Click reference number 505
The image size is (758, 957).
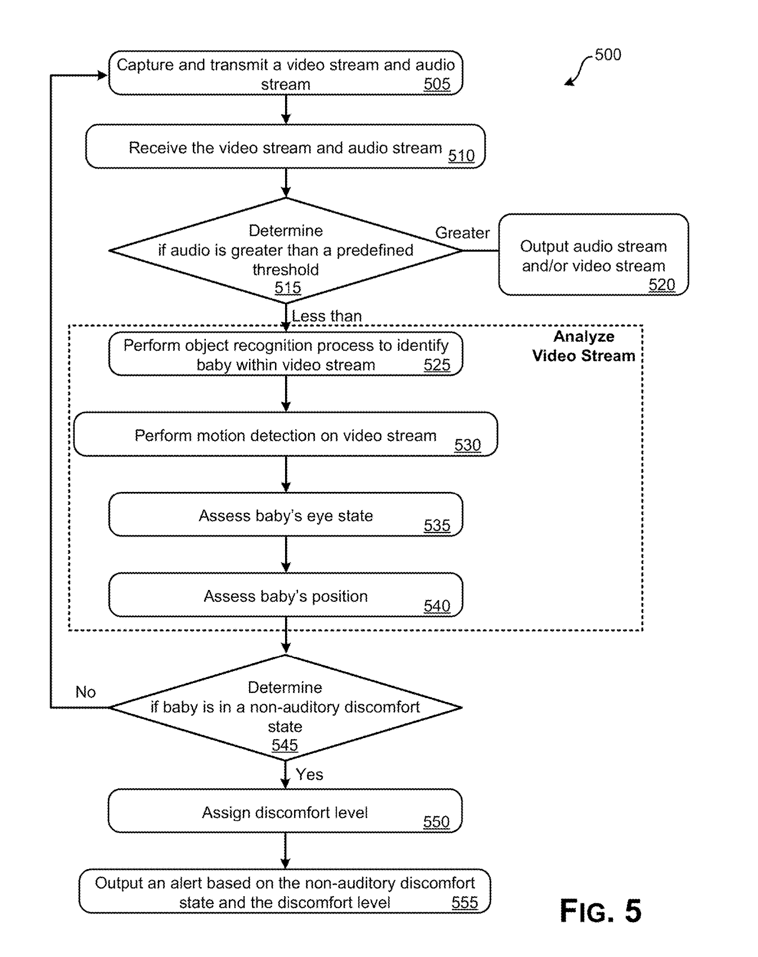click(x=437, y=84)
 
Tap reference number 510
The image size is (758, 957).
click(x=461, y=156)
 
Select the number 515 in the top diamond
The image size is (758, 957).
click(x=287, y=288)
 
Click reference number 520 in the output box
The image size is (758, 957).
click(x=661, y=285)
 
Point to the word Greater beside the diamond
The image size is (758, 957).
click(x=462, y=233)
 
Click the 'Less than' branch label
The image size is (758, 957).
click(x=326, y=316)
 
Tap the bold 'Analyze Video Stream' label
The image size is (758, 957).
click(x=584, y=346)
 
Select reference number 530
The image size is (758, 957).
click(x=467, y=445)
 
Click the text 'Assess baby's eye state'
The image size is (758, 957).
click(x=286, y=516)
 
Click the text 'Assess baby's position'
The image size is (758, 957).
click(x=286, y=596)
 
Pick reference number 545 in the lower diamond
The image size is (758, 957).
click(x=285, y=745)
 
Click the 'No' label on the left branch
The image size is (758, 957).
click(x=85, y=692)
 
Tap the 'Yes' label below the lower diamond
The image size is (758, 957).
click(x=309, y=775)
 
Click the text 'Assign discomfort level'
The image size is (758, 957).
click(x=285, y=812)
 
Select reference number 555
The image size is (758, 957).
click(x=464, y=902)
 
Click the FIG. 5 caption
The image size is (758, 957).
click(x=601, y=911)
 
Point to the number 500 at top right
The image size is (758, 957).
click(x=608, y=55)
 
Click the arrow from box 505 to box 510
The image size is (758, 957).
click(x=286, y=110)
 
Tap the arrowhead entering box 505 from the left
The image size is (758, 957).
click(x=102, y=75)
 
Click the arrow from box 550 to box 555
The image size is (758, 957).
click(x=285, y=851)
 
